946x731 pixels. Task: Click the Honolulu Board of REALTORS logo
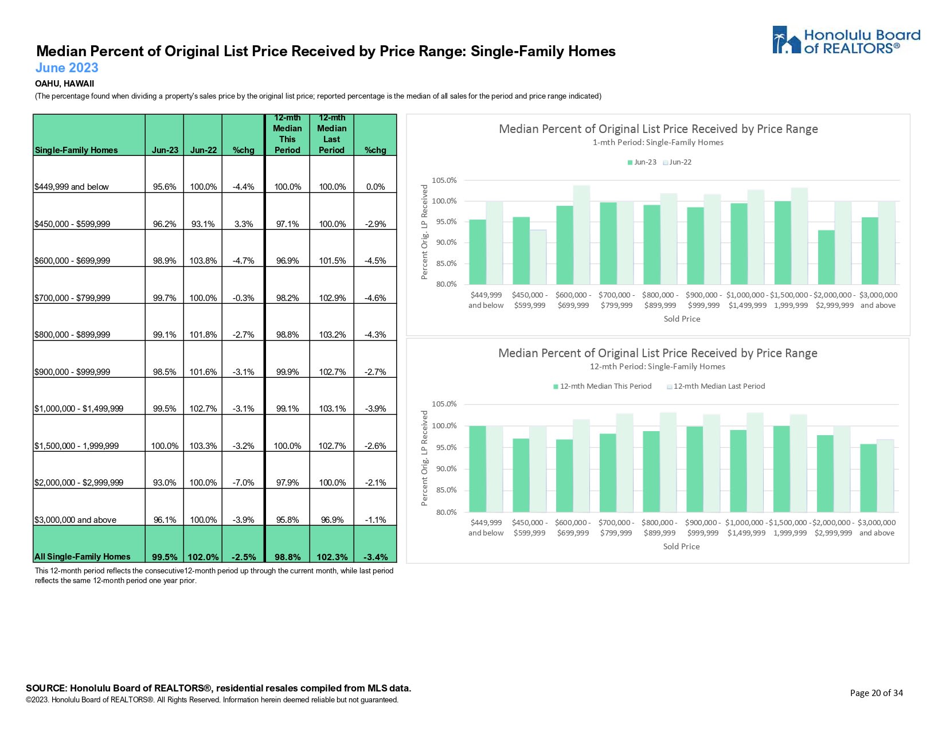(x=846, y=40)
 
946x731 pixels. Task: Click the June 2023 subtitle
(x=67, y=68)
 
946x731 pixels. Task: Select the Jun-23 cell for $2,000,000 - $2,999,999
(x=165, y=483)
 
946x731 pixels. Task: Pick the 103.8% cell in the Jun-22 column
(x=203, y=261)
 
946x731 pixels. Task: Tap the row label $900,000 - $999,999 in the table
(x=72, y=372)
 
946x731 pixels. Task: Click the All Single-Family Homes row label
(x=83, y=557)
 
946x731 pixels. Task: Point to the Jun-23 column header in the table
(x=165, y=150)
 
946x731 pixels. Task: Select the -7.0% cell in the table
(x=244, y=483)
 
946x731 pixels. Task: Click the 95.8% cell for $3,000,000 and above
(x=287, y=520)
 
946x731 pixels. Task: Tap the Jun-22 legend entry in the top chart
(x=678, y=162)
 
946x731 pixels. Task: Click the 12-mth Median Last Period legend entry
(x=716, y=386)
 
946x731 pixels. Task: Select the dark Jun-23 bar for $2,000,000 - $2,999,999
(x=826, y=257)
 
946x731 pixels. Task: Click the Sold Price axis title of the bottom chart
(x=681, y=547)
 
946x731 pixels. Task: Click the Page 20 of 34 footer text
(x=876, y=693)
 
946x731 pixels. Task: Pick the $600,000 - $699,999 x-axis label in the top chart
(x=573, y=300)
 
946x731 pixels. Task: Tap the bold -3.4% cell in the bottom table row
(x=376, y=557)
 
